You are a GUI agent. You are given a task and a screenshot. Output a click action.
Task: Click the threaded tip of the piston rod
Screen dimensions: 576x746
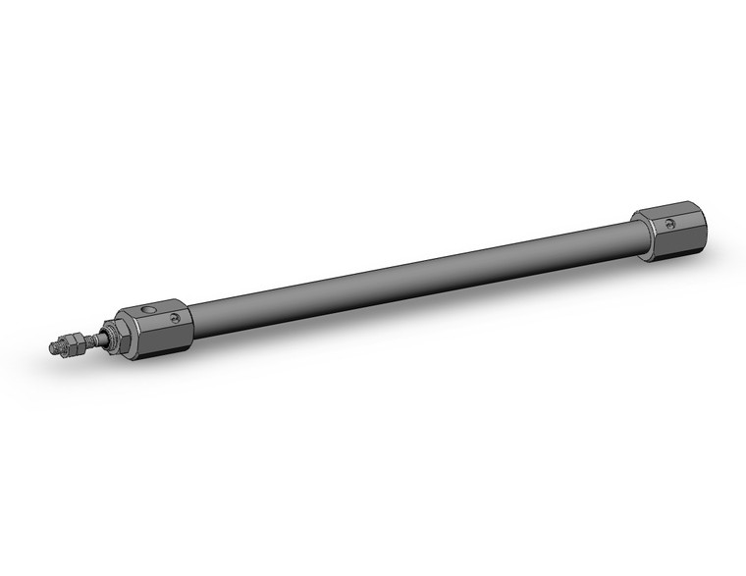point(54,346)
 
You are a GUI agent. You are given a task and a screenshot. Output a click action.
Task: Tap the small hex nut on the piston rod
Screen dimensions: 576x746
point(68,343)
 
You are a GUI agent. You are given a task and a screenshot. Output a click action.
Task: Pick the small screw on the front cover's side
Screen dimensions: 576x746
point(175,318)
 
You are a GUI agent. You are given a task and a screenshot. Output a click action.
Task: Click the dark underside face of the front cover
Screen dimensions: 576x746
point(157,343)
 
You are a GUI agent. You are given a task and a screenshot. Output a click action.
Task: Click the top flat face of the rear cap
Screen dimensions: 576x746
point(664,211)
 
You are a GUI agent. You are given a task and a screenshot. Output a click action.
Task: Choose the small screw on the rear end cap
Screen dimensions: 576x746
point(672,224)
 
